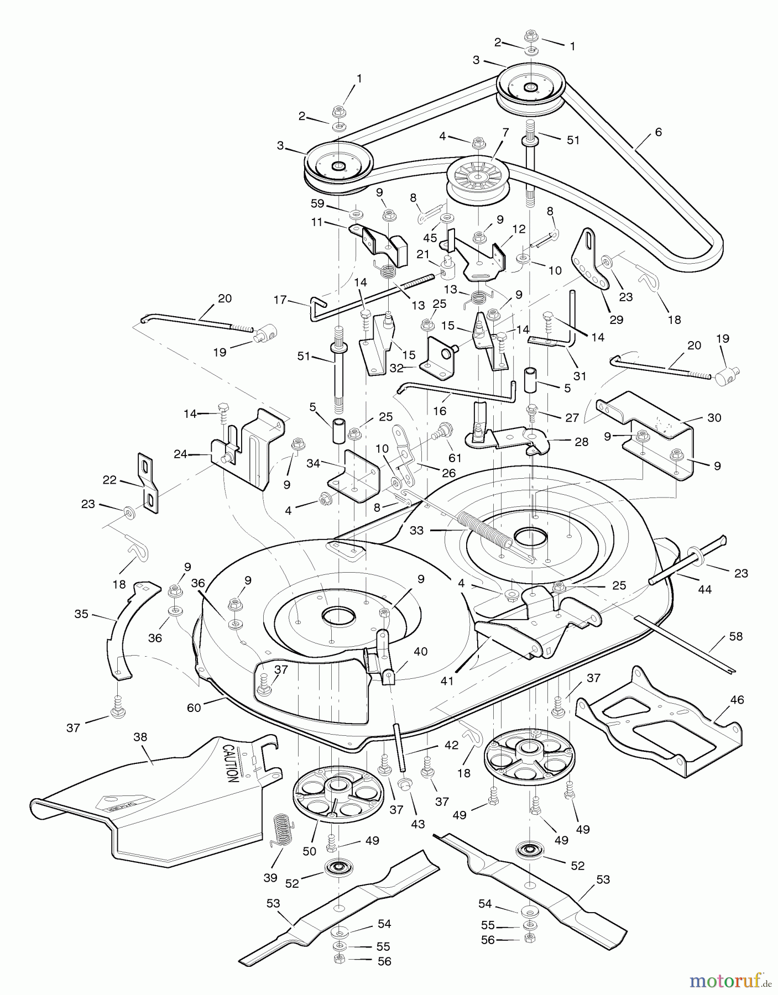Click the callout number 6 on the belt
coord(657,132)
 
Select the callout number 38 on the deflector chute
coord(140,737)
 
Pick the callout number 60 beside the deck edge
coord(194,707)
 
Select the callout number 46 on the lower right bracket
coord(737,700)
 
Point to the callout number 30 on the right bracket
coord(714,418)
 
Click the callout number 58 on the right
coord(735,636)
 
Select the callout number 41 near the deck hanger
coord(447,681)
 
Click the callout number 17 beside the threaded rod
coord(280,300)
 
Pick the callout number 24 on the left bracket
coord(180,455)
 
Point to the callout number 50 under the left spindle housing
coord(309,851)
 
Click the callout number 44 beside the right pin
coord(704,589)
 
